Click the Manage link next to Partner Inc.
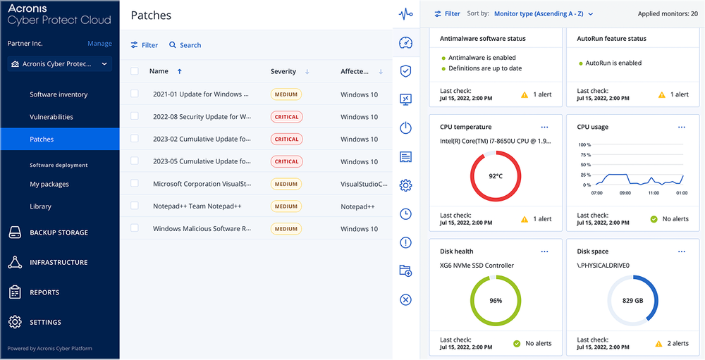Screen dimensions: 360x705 click(99, 44)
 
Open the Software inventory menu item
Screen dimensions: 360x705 click(59, 94)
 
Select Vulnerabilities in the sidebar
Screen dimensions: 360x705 click(51, 117)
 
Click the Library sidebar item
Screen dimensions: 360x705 click(40, 206)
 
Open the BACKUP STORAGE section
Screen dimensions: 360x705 click(59, 232)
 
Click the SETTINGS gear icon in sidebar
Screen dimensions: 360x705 click(15, 322)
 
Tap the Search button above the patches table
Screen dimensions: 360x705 click(185, 45)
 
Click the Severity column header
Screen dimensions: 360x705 click(283, 72)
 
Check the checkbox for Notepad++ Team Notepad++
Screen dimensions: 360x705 click(135, 206)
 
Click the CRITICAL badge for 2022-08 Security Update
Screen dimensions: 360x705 click(286, 117)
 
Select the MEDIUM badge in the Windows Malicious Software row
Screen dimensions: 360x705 click(286, 229)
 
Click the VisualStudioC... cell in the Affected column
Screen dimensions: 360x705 click(364, 185)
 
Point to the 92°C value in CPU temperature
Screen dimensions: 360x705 click(496, 176)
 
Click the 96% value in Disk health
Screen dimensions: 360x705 click(496, 300)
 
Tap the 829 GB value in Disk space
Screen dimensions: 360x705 click(632, 300)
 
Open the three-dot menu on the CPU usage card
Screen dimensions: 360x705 click(682, 128)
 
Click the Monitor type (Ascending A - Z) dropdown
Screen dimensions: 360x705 click(544, 13)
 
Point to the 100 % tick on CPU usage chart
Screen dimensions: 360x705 click(584, 144)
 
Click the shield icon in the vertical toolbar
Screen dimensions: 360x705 click(405, 71)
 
